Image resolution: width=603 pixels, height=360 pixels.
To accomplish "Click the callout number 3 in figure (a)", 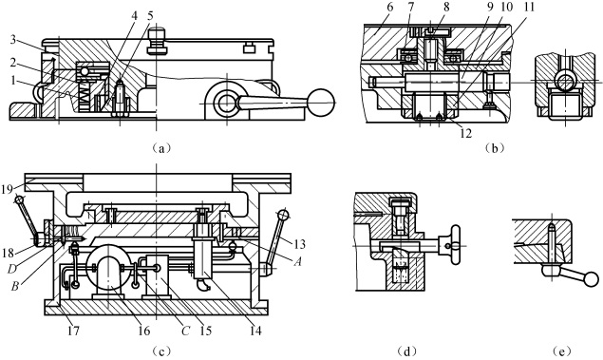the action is coord(13,40).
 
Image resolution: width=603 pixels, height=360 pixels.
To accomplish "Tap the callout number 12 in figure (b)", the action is coord(465,133).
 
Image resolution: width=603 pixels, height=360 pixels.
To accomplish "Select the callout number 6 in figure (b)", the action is coord(389,7).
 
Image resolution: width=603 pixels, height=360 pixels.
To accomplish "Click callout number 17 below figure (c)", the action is coord(73,331).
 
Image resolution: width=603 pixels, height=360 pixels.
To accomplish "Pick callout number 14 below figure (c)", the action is coord(254,331).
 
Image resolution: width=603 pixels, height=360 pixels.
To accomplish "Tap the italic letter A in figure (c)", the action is coord(297,262).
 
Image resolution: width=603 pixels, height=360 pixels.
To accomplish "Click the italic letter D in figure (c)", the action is coord(12,270).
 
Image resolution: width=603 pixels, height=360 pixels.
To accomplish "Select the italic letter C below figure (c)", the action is coord(186,331).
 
